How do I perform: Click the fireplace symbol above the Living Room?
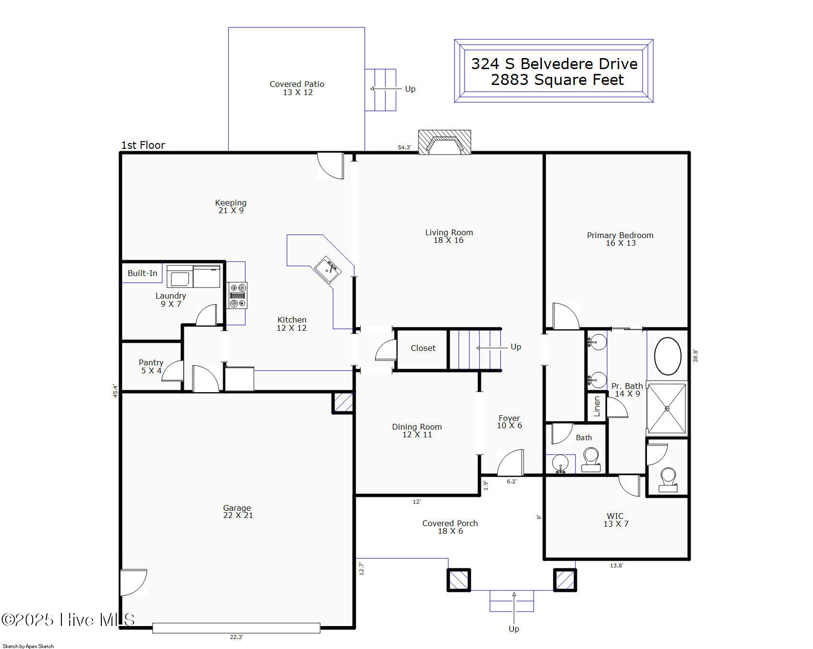tap(444, 142)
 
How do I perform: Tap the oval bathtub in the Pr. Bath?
tap(668, 356)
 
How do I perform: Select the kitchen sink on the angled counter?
tap(328, 270)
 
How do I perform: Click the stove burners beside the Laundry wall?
tap(237, 295)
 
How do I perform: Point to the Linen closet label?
tap(597, 406)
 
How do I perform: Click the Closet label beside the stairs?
tap(423, 348)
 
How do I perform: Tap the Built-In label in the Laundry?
tap(143, 273)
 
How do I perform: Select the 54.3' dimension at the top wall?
tap(405, 147)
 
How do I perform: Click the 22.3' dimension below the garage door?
tap(237, 637)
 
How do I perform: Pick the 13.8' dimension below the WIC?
tap(617, 565)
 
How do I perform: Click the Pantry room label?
tap(151, 362)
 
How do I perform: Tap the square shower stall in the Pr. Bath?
tap(667, 408)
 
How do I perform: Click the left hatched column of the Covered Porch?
tap(459, 580)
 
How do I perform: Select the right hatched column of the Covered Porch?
tap(565, 580)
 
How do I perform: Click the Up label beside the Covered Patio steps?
tap(410, 89)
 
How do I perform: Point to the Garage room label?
tap(237, 508)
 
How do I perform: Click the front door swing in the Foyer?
tap(510, 462)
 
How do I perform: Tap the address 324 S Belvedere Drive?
tap(554, 63)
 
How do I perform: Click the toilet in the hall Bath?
tap(591, 459)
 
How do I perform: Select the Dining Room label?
tap(417, 427)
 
